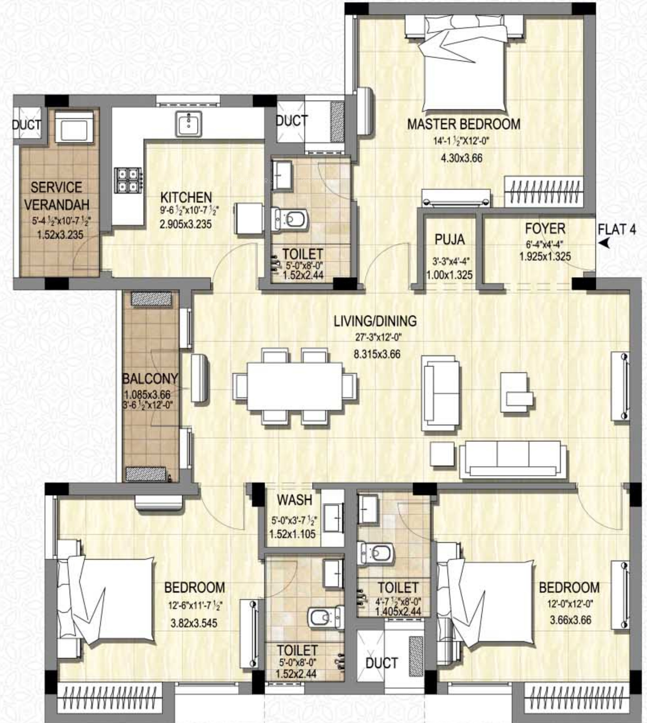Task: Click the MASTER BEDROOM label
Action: coord(464,124)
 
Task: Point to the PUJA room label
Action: coord(450,240)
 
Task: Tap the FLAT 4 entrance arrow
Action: coord(604,243)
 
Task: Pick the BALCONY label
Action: coord(150,379)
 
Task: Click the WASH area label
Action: coord(294,500)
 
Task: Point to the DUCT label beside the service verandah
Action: coord(26,125)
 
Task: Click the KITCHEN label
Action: coord(186,197)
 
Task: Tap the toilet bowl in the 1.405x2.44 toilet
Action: coord(376,553)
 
